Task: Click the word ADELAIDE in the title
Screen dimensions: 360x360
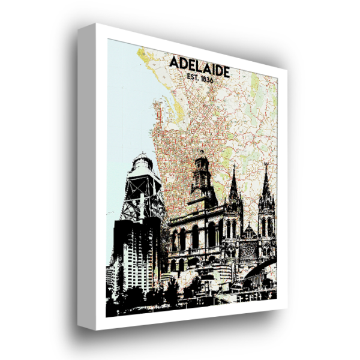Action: pos(199,63)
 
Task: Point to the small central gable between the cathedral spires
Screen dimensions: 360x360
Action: pos(249,230)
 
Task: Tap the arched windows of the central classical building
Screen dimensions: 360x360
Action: pos(195,237)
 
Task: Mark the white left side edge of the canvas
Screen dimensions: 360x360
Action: pos(90,180)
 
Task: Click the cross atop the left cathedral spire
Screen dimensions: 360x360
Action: pos(234,169)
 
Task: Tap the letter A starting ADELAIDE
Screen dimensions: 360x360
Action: pos(173,63)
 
